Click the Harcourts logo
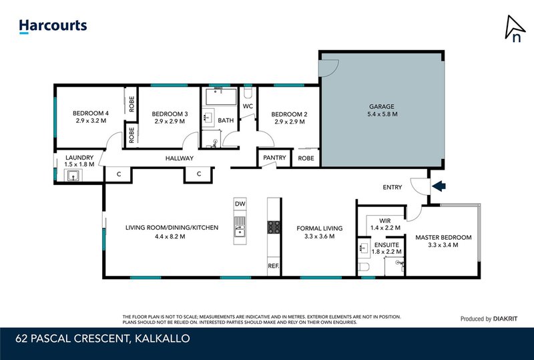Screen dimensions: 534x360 pyautogui.click(x=53, y=26)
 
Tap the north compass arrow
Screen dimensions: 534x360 pyautogui.click(x=514, y=28)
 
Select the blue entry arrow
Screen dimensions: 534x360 pyautogui.click(x=439, y=186)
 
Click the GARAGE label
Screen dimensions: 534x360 pyautogui.click(x=381, y=106)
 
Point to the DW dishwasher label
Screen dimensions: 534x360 pyautogui.click(x=240, y=204)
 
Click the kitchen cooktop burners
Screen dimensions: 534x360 pyautogui.click(x=274, y=227)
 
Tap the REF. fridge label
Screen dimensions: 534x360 pyautogui.click(x=274, y=266)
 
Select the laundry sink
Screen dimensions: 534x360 pyautogui.click(x=73, y=176)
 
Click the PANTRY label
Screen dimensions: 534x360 pyautogui.click(x=274, y=158)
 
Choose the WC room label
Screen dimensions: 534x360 pyautogui.click(x=248, y=106)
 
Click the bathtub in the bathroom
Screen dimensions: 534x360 pyautogui.click(x=221, y=96)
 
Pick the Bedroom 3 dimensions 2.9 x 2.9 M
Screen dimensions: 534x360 pyautogui.click(x=170, y=122)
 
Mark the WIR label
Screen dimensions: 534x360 pyautogui.click(x=385, y=220)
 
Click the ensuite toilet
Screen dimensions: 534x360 pyautogui.click(x=364, y=267)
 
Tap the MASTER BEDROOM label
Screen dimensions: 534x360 pyautogui.click(x=443, y=237)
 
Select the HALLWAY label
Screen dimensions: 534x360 pyautogui.click(x=180, y=158)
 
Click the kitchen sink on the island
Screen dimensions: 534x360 pyautogui.click(x=240, y=226)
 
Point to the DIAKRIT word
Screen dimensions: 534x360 pyautogui.click(x=505, y=319)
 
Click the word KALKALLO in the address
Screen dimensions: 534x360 pyautogui.click(x=162, y=339)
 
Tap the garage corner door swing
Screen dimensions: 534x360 pyautogui.click(x=328, y=67)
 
